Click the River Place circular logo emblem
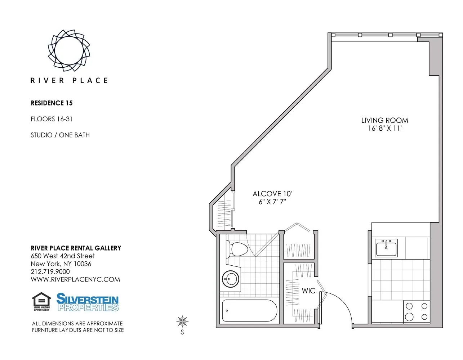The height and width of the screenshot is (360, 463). click(69, 50)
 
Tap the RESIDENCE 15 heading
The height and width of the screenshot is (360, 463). click(52, 103)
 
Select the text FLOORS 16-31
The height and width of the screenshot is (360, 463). click(52, 119)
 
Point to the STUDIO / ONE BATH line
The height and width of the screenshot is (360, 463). click(60, 135)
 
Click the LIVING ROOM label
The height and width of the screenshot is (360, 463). click(384, 120)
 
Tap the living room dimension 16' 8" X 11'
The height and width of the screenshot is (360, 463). click(384, 129)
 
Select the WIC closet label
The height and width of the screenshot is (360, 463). click(308, 291)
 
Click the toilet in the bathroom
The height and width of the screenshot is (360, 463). click(238, 249)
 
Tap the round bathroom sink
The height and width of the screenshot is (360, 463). click(230, 278)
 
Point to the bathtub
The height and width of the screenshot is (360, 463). click(249, 311)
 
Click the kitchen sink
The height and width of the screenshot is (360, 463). click(386, 248)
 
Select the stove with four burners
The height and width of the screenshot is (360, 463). click(417, 311)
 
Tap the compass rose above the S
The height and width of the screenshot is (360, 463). click(183, 321)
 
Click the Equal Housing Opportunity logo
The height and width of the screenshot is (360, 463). click(41, 302)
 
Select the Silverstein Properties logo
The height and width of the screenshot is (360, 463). click(88, 302)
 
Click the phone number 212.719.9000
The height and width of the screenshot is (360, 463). click(50, 272)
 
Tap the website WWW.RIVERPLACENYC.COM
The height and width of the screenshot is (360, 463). click(75, 280)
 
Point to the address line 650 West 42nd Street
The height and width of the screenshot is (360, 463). click(63, 256)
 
